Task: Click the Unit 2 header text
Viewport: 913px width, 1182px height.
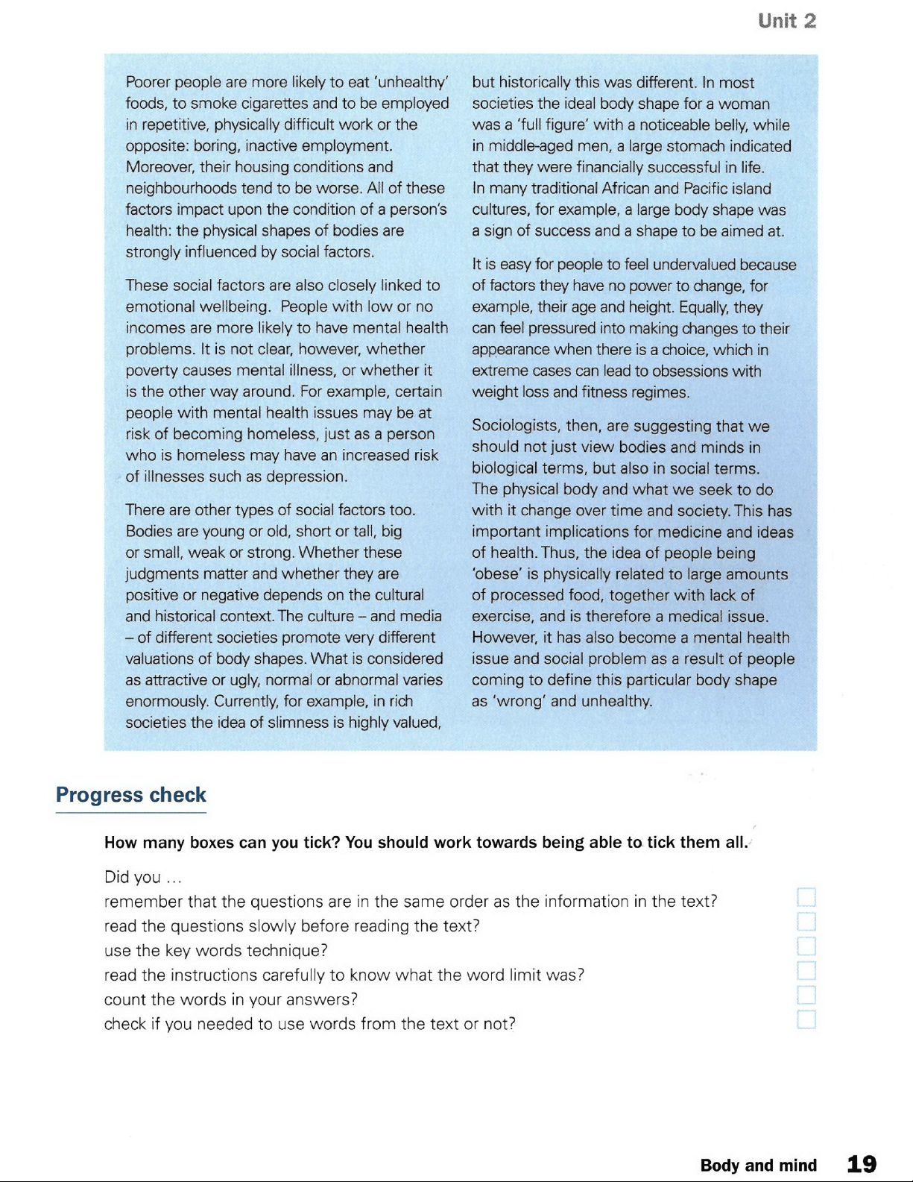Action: click(x=786, y=21)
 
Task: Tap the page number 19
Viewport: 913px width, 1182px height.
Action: click(x=862, y=1164)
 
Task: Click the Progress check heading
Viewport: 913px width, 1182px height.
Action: click(x=131, y=795)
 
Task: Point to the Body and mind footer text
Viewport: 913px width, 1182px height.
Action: click(x=758, y=1166)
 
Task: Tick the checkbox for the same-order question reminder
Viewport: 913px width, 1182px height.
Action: click(x=806, y=897)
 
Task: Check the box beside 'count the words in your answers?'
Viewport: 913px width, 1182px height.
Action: click(x=806, y=996)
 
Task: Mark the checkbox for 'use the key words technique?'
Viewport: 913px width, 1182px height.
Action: click(x=806, y=946)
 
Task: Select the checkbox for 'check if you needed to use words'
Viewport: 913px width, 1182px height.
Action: click(x=806, y=1020)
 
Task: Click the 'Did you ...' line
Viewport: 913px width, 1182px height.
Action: click(x=143, y=877)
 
